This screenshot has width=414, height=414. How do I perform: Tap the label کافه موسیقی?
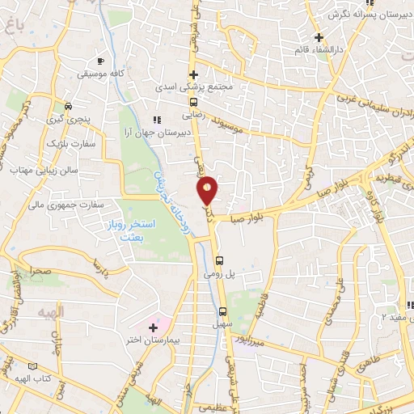[x=99, y=74]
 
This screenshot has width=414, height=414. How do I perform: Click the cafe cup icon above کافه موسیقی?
[x=99, y=61]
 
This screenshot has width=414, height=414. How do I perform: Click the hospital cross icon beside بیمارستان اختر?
[x=153, y=327]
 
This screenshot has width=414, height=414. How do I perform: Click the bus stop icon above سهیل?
[x=222, y=311]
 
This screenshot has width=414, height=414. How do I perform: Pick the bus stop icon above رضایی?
[x=193, y=102]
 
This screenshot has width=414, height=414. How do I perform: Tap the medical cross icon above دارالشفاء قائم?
[x=319, y=36]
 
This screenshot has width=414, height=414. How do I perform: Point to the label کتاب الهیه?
[x=32, y=378]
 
